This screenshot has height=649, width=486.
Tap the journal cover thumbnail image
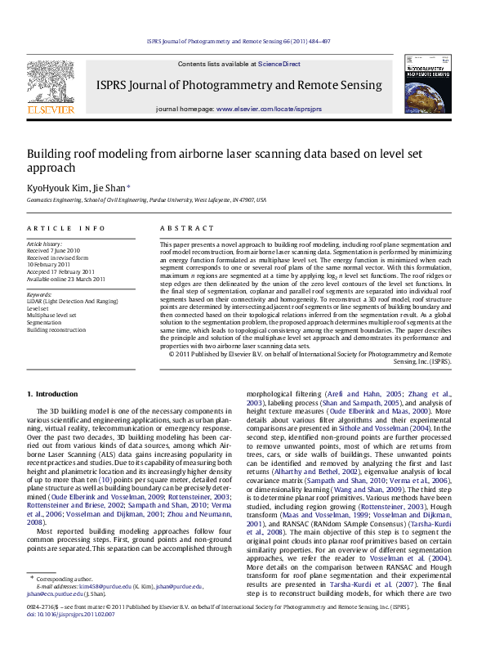pyautogui.click(x=426, y=84)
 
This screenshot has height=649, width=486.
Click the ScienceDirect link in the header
pyautogui.click(x=279, y=64)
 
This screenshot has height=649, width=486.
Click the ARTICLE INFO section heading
pyautogui.click(x=65, y=228)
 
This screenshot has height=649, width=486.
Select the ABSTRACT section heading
pyautogui.click(x=181, y=228)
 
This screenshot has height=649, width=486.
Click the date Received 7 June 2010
pyautogui.click(x=54, y=250)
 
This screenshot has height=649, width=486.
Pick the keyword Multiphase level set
pyautogui.click(x=51, y=314)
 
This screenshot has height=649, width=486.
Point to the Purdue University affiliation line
pyautogui.click(x=146, y=199)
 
